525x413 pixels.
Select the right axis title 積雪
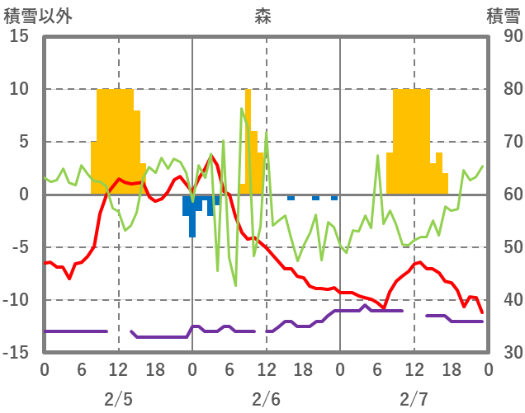503,16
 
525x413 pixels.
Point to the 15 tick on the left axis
20,37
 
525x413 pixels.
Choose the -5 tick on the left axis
20,247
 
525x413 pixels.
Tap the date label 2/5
118,399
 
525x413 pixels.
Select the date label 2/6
266,399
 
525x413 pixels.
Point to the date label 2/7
414,399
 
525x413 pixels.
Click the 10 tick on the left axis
20,89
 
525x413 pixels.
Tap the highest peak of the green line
242,109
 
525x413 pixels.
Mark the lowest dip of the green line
235,285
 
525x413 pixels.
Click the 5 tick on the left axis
23,142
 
